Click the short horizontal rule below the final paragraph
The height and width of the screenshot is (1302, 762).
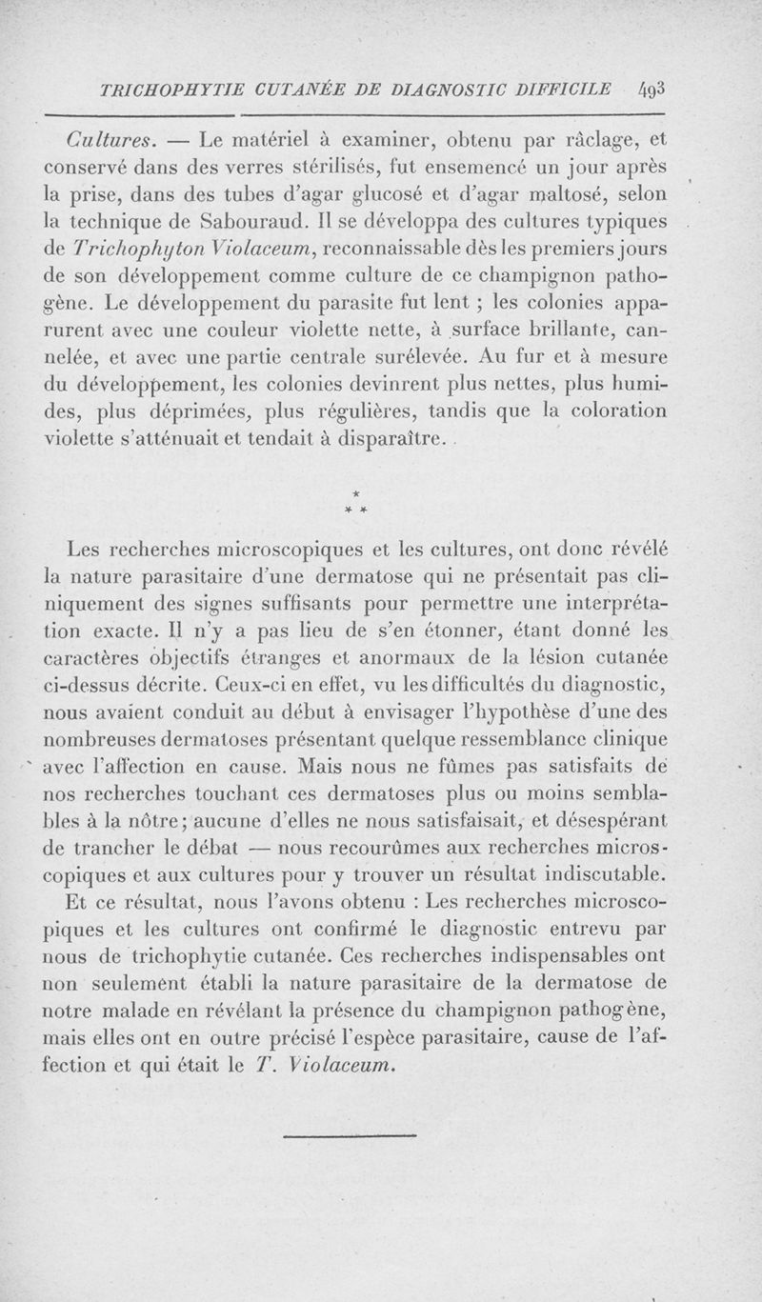(351, 1135)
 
